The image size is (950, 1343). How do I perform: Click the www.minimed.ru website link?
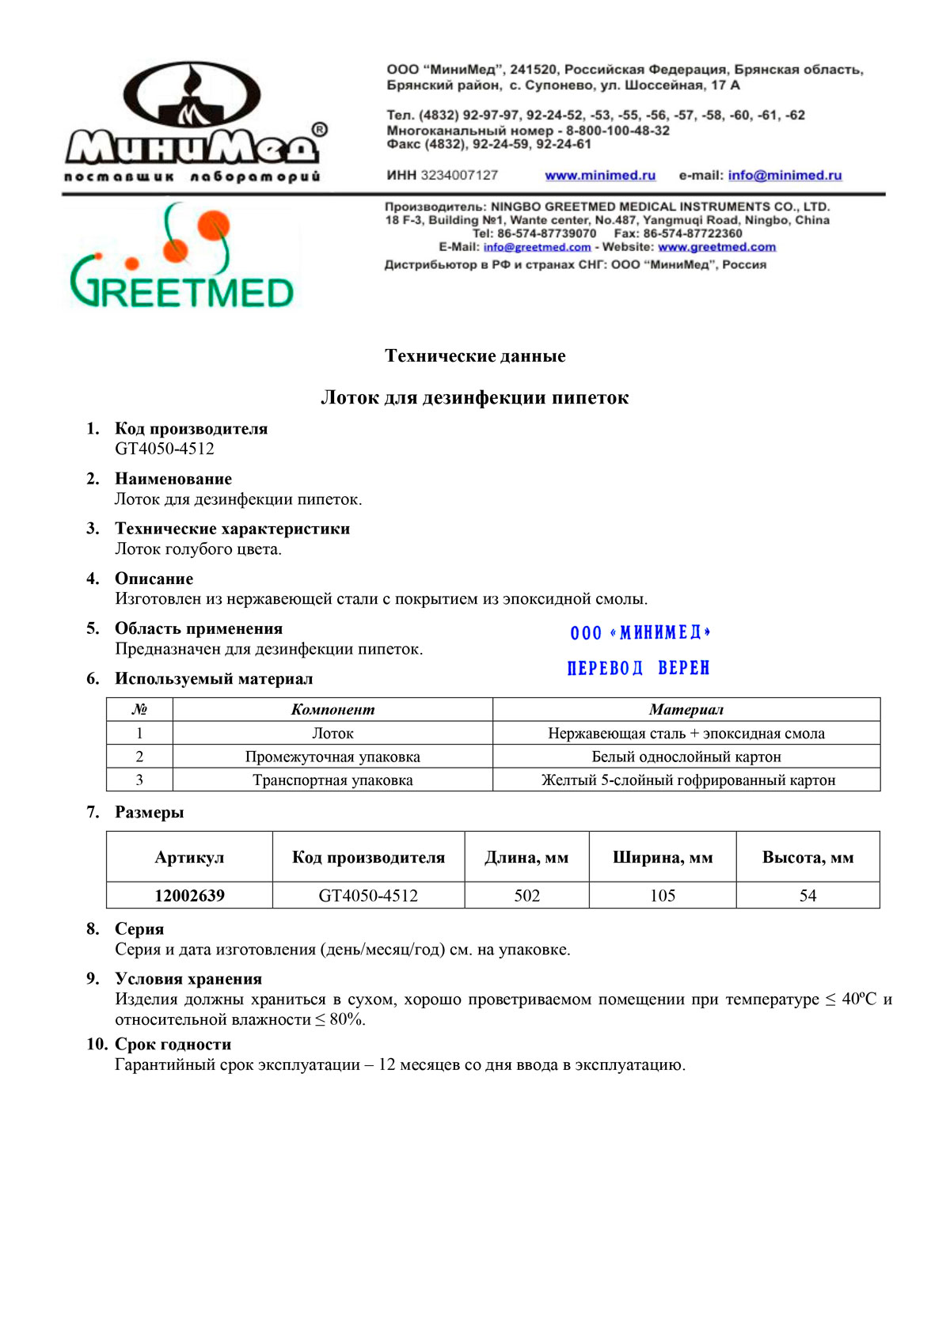(x=600, y=176)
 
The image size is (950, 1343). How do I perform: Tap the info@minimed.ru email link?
(x=785, y=176)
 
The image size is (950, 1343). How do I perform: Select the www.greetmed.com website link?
(x=716, y=247)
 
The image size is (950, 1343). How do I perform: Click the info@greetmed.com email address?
(x=537, y=247)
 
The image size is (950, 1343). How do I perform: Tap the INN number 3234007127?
(x=459, y=175)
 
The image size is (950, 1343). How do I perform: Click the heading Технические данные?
(x=475, y=356)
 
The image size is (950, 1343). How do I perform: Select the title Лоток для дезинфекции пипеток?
(x=475, y=398)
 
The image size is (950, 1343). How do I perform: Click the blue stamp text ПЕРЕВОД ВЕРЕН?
(x=638, y=669)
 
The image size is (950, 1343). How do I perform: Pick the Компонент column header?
(x=332, y=710)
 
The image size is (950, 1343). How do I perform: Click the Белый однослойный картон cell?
(x=686, y=757)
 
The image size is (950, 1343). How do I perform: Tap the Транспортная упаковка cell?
(x=332, y=780)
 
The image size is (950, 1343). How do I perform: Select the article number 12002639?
(x=189, y=896)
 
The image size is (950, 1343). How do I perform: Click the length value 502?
(x=526, y=896)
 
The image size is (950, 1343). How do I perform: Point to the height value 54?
(x=807, y=896)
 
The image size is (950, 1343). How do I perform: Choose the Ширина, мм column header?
(x=663, y=858)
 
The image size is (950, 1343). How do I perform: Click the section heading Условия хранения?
(x=188, y=979)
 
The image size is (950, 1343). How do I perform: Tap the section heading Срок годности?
(x=173, y=1045)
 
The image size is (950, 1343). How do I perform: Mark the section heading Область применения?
(x=199, y=629)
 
